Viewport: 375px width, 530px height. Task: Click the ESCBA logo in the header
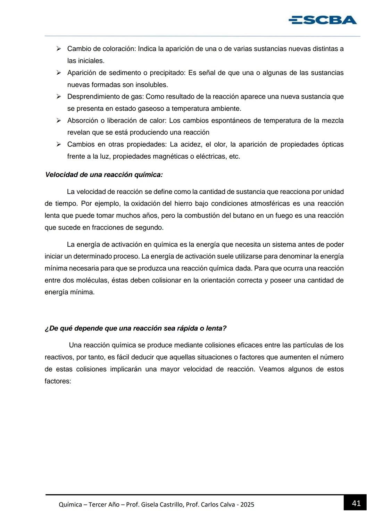(x=323, y=20)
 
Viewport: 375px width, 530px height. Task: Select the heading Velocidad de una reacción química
(x=104, y=175)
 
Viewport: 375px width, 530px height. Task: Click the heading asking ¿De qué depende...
(x=135, y=328)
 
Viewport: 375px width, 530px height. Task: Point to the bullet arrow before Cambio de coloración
(x=59, y=49)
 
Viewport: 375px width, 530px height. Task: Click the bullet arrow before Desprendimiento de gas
(x=59, y=96)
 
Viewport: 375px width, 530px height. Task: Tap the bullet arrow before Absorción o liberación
(x=59, y=120)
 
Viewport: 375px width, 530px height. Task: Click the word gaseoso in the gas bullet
(x=151, y=109)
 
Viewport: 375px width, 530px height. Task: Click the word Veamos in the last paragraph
(x=271, y=369)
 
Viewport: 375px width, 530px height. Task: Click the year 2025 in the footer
(x=247, y=505)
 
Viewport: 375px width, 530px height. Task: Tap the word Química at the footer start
(x=70, y=505)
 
